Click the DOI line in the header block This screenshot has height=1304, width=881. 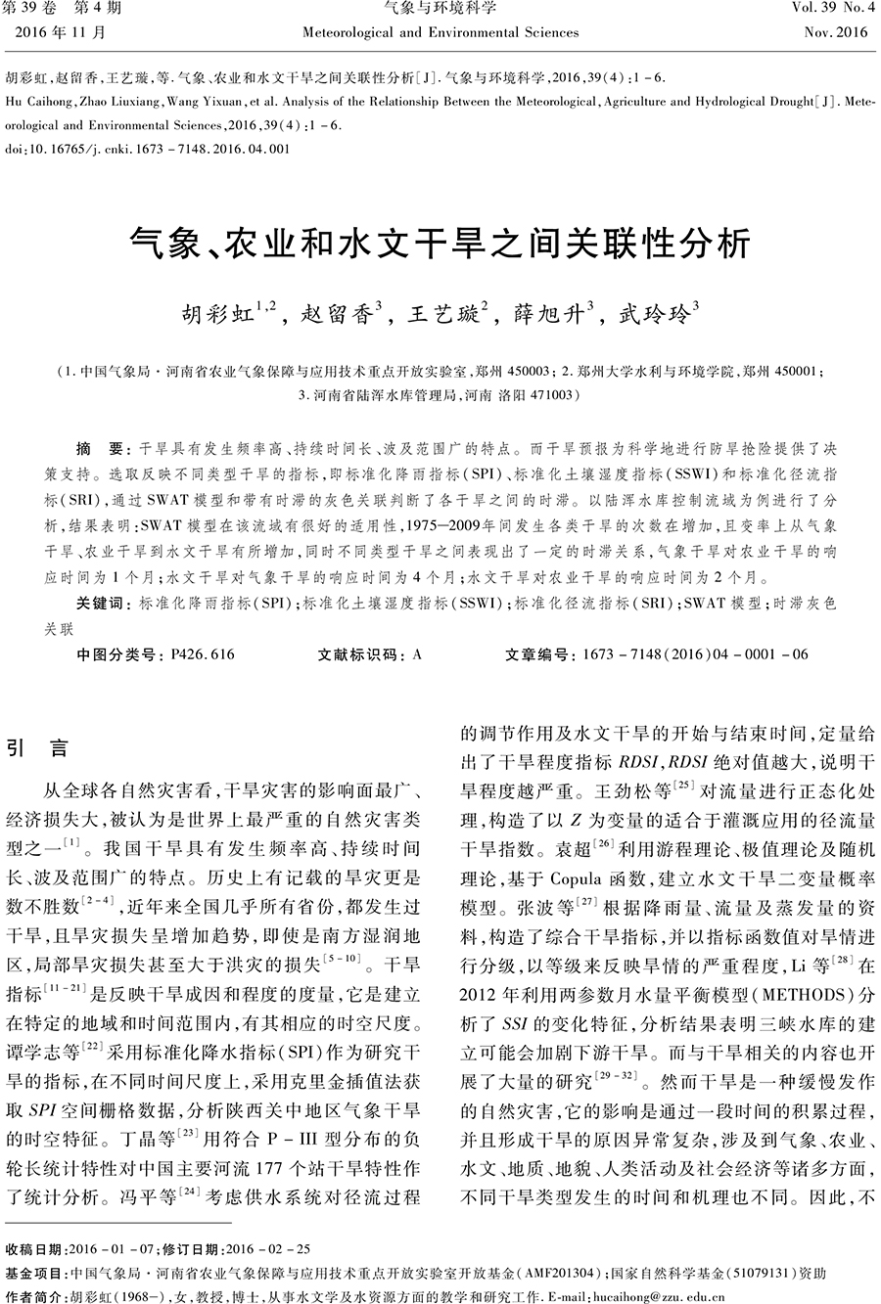[x=147, y=150]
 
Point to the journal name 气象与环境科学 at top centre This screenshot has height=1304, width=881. [x=440, y=10]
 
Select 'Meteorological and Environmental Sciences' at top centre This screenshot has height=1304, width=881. [x=440, y=32]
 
